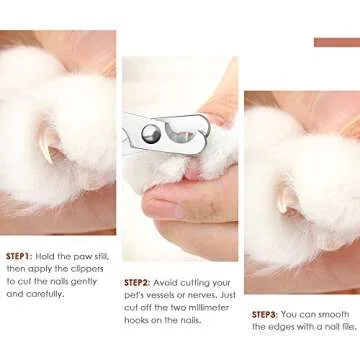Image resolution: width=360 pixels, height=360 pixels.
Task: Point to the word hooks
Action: (x=140, y=321)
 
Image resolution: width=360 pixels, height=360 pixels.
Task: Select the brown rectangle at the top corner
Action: (x=336, y=42)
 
